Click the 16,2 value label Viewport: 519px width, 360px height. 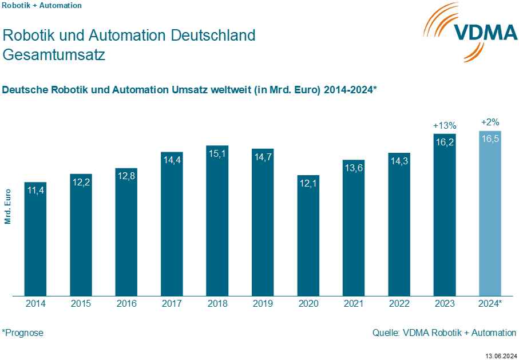[445, 142]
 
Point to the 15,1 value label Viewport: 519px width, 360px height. [217, 153]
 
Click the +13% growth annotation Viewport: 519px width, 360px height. [445, 125]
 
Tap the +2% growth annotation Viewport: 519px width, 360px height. [490, 122]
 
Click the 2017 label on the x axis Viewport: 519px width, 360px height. [172, 304]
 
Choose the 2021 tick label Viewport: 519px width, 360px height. [354, 304]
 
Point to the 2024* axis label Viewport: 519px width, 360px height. [490, 304]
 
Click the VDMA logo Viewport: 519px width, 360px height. [469, 32]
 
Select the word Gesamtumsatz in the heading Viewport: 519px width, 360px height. [54, 56]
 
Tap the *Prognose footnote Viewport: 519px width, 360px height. [23, 333]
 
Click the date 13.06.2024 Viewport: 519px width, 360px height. [501, 354]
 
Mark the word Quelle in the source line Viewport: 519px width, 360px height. [385, 333]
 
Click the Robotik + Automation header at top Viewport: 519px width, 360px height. [42, 6]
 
